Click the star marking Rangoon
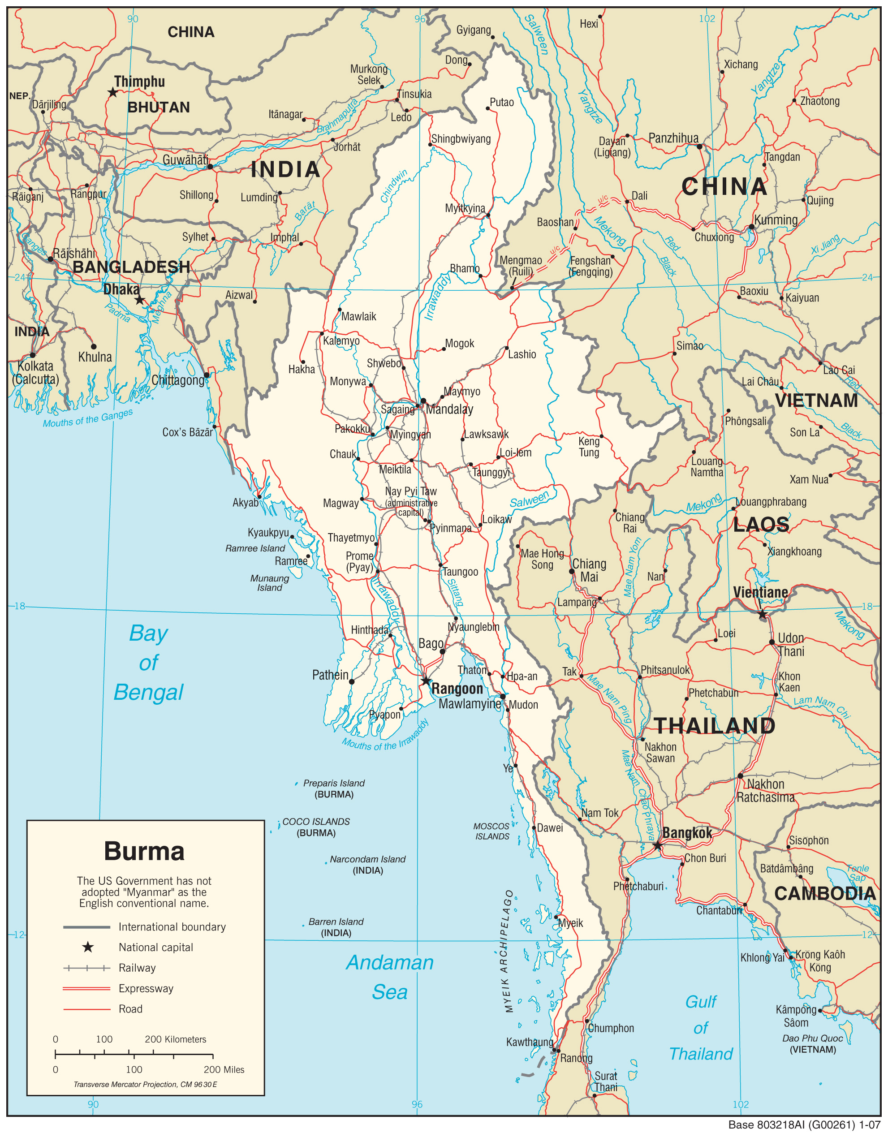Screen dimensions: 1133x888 point(426,681)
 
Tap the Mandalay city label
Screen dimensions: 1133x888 point(449,409)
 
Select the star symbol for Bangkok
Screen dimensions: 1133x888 point(658,845)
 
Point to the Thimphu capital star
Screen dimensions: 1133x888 point(113,92)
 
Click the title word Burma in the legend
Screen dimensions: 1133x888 point(144,852)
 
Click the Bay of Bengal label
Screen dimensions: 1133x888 point(149,663)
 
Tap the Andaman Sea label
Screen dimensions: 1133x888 point(390,978)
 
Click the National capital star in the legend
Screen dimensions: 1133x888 point(88,948)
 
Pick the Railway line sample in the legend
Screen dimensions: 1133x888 point(86,968)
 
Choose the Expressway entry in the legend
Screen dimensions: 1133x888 point(146,988)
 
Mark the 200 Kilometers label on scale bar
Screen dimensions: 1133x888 point(175,1039)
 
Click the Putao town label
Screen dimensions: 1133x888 point(502,103)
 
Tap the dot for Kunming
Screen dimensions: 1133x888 point(751,227)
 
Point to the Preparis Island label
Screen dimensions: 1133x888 point(334,783)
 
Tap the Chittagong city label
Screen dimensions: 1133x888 point(178,380)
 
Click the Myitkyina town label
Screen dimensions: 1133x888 point(465,208)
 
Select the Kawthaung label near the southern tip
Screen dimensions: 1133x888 point(529,1042)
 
